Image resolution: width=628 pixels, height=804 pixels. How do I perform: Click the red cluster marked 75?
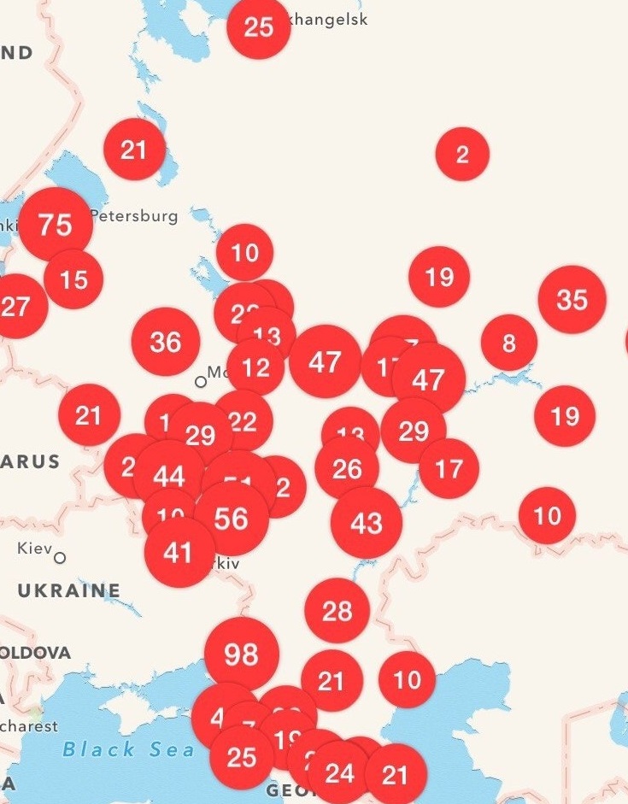point(56,225)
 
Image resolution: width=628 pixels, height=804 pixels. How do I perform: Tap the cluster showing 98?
point(242,654)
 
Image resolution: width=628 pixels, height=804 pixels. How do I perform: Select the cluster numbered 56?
point(232,519)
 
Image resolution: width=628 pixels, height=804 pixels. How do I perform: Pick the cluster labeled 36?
point(166,342)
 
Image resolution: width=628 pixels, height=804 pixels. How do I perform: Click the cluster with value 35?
point(572,300)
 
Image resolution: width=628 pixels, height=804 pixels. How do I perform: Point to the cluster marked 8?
point(509,343)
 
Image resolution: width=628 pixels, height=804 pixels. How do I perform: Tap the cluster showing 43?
point(367,523)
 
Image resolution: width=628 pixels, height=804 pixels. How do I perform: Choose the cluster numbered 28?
point(337,610)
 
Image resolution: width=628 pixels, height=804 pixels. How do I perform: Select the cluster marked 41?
point(179,553)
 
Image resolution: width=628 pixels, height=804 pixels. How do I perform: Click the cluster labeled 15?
point(73,279)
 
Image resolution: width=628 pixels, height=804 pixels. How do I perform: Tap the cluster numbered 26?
point(347,468)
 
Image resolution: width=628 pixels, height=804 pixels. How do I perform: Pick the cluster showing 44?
point(168,477)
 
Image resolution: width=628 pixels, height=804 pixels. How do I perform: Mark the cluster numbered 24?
point(339,773)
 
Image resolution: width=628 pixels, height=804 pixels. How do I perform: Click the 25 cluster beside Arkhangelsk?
point(258,27)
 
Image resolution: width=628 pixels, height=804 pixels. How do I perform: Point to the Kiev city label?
point(35,548)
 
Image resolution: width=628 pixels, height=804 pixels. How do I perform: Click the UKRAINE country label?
point(69,590)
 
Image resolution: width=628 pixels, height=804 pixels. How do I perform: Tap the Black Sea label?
point(127,749)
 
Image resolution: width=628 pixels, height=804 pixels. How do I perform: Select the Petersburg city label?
point(134,216)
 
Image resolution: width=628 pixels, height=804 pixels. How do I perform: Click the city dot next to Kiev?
point(60,558)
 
